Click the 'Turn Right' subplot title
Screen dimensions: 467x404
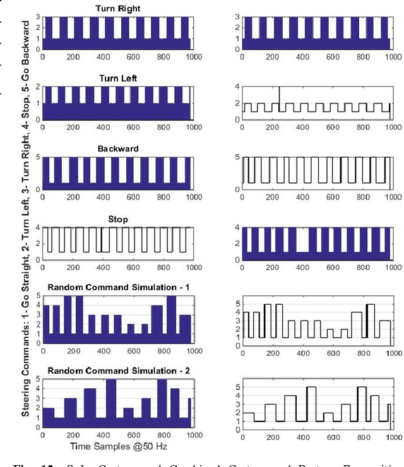[118, 9]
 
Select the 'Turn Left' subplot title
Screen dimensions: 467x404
[118, 78]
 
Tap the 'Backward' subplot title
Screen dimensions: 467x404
[118, 149]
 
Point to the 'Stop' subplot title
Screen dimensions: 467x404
[118, 220]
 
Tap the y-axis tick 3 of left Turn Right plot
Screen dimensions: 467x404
[38, 17]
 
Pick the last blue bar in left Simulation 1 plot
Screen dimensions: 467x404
[185, 328]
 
